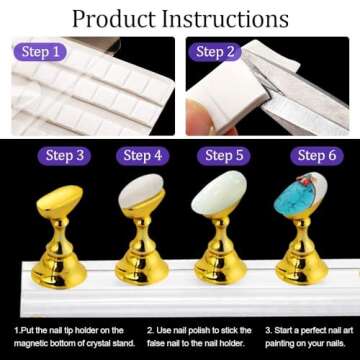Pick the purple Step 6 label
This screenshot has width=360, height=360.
click(x=312, y=155)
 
